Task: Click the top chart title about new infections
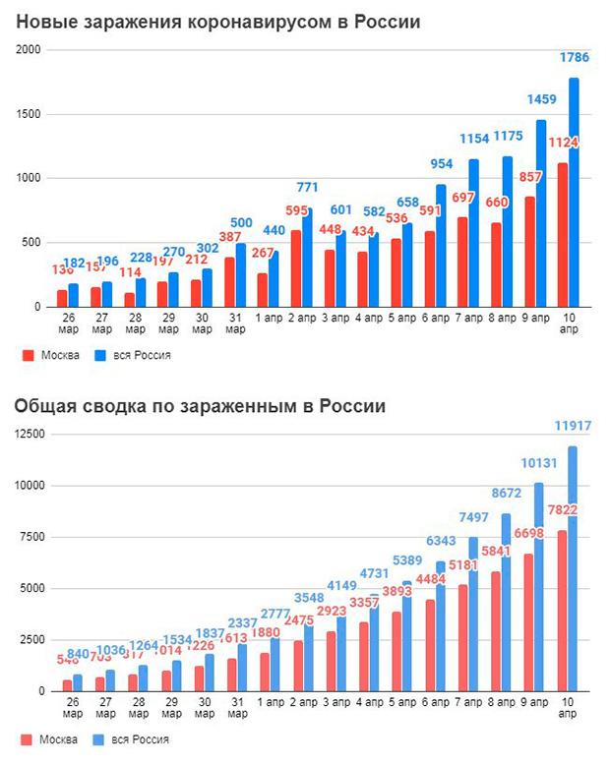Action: (217, 22)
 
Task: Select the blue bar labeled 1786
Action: (574, 197)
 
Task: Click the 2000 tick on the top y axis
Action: (30, 50)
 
